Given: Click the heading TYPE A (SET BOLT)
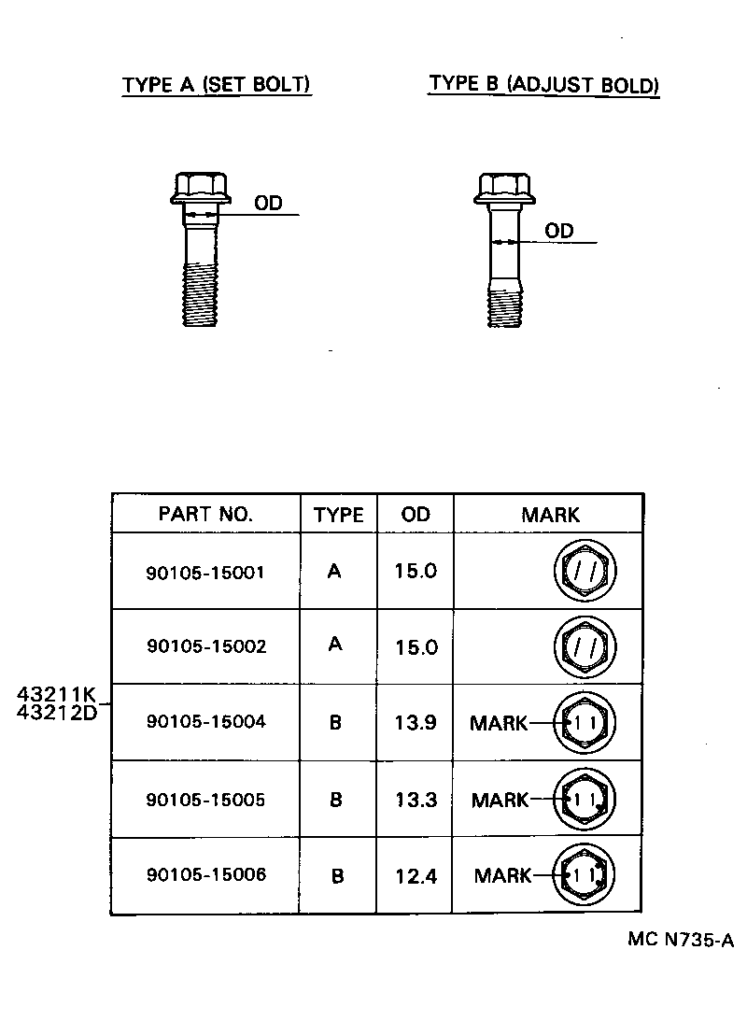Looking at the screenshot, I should tap(217, 84).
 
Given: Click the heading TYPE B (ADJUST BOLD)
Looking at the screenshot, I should tap(543, 84).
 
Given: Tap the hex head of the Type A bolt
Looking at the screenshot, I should tap(200, 187).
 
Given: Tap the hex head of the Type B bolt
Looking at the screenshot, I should tap(505, 187).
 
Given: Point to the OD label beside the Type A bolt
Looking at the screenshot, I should tap(268, 203).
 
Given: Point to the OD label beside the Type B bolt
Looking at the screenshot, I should tap(558, 230).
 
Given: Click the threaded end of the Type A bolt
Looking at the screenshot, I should tap(200, 295).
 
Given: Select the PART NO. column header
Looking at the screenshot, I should tap(205, 514).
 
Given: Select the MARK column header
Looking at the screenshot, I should tap(550, 514).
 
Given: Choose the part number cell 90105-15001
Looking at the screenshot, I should tap(205, 572).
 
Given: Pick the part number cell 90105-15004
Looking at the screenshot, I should tap(205, 722).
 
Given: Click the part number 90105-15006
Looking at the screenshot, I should tap(205, 875).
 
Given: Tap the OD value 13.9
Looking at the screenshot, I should tap(416, 722).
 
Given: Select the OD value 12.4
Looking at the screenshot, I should tap(416, 876).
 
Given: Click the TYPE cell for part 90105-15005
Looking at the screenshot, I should tap(336, 800).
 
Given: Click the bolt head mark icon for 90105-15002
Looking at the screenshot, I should tap(585, 646).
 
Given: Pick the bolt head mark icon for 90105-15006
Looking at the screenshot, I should tap(585, 875).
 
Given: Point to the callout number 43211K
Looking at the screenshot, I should tap(56, 694).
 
